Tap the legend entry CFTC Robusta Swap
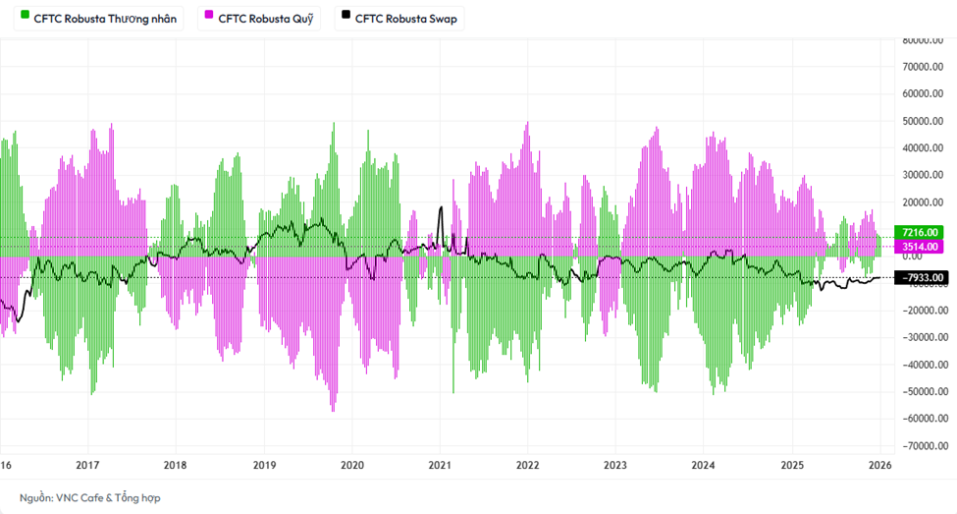(x=404, y=19)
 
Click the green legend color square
(x=25, y=18)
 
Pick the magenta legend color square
(x=209, y=18)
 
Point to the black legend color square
(x=346, y=18)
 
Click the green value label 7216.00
(x=922, y=232)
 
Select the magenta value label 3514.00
(x=922, y=246)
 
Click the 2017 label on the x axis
(x=87, y=465)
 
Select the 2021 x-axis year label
(x=440, y=465)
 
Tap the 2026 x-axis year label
(x=879, y=465)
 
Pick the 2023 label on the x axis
(x=615, y=465)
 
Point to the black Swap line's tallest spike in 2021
(x=441, y=208)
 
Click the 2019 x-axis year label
(x=264, y=465)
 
